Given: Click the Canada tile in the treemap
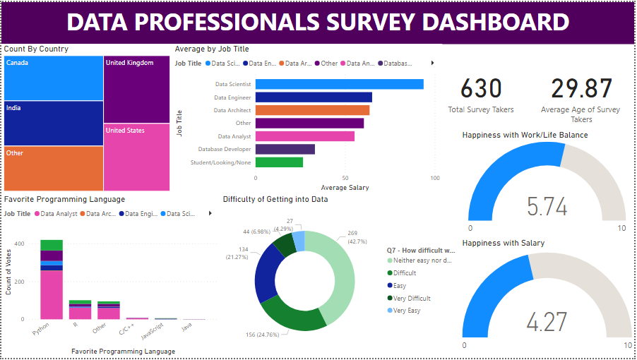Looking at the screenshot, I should [x=53, y=78].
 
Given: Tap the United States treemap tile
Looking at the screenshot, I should [x=136, y=157].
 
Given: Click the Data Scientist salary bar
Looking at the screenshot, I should [x=339, y=84].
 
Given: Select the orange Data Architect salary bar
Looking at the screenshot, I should [x=312, y=110].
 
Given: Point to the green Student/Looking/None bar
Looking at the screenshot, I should [x=279, y=162].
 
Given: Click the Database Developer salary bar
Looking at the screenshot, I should [x=285, y=149].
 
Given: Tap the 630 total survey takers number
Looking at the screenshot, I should [x=481, y=89].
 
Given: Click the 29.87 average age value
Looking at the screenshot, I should [x=581, y=89].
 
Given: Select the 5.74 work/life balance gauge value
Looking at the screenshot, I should [x=547, y=206].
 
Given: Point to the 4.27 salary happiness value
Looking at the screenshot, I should [x=547, y=322].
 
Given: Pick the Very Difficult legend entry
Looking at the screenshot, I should [x=412, y=299].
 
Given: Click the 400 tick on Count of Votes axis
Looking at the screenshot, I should [x=19, y=244].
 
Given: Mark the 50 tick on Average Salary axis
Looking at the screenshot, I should [x=345, y=179].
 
